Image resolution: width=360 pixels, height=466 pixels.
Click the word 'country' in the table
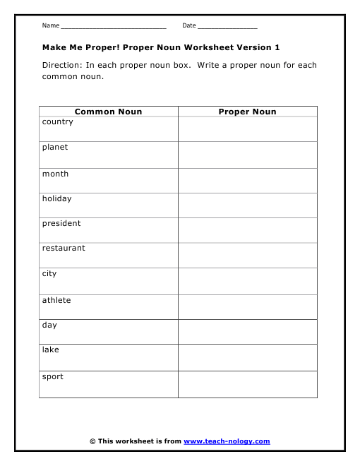click(x=57, y=122)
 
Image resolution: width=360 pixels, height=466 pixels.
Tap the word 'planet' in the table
click(x=55, y=148)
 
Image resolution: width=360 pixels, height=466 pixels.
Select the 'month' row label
click(x=55, y=174)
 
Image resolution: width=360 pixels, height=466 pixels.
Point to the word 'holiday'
click(x=56, y=198)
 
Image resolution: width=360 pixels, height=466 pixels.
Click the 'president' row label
click(x=61, y=223)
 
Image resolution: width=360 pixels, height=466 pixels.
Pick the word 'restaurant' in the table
click(x=64, y=248)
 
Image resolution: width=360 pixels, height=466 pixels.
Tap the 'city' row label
click(x=49, y=273)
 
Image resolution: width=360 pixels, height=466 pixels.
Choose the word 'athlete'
click(x=56, y=300)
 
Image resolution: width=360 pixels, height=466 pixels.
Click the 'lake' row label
click(x=51, y=349)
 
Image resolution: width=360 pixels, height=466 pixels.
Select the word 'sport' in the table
click(x=53, y=376)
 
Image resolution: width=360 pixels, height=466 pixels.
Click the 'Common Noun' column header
click(x=108, y=112)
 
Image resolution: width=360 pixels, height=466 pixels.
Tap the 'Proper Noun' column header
click(x=247, y=112)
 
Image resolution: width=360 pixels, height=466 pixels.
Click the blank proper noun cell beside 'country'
click(x=247, y=129)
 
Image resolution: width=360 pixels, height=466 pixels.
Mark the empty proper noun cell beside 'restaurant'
click(x=247, y=255)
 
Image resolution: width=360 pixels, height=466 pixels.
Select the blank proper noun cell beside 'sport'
click(x=247, y=384)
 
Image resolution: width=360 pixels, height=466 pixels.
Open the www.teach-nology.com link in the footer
click(x=227, y=441)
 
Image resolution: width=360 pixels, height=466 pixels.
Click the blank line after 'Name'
click(x=113, y=26)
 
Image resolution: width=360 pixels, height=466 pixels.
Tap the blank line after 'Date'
click(x=227, y=26)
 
